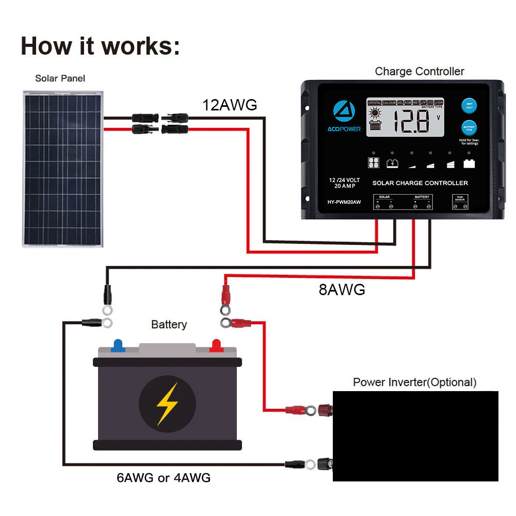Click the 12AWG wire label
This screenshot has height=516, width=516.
coord(229,105)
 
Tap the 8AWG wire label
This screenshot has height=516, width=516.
coord(342,289)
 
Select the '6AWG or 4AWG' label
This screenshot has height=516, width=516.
coord(164,478)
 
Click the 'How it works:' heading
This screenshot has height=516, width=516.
coord(101,46)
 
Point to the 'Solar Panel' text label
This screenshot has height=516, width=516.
coord(60,78)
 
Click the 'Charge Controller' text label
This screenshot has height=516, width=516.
coord(420,71)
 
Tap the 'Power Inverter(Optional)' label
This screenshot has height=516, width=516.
coord(415,382)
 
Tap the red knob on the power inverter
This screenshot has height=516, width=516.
coord(325,410)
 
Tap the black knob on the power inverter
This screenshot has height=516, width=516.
coord(325,463)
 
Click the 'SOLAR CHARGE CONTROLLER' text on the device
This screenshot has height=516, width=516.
coord(420,183)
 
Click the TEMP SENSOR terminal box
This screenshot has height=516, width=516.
coord(460,202)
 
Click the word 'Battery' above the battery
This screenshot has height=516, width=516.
coord(169,325)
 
